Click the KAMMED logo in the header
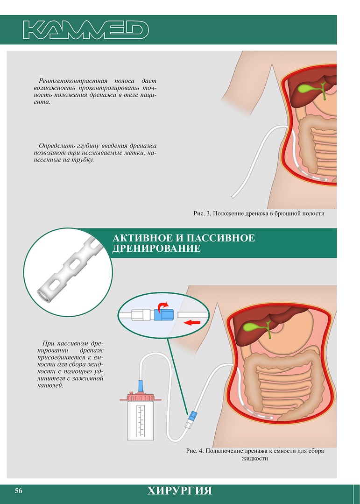point(86,30)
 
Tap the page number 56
point(19,491)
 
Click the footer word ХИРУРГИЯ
point(180,491)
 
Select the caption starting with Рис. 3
point(259,213)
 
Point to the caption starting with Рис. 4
point(255,454)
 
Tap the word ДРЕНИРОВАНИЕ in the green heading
point(156,248)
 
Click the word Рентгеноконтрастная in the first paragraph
point(73,81)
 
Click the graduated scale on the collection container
point(141,421)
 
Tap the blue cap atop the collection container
point(141,386)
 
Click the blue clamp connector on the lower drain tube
point(192,416)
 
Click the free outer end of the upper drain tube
point(233,197)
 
